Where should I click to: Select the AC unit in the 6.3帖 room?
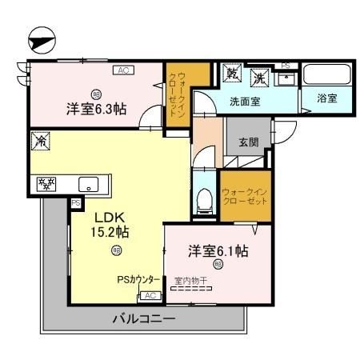tap(123, 71)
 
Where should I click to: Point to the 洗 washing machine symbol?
tap(259, 78)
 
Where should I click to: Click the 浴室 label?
tap(326, 99)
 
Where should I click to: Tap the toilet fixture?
tap(204, 199)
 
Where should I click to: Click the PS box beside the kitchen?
tap(76, 203)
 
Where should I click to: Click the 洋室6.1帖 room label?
tap(218, 251)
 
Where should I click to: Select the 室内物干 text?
tap(192, 281)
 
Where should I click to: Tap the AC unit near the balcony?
tap(148, 295)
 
